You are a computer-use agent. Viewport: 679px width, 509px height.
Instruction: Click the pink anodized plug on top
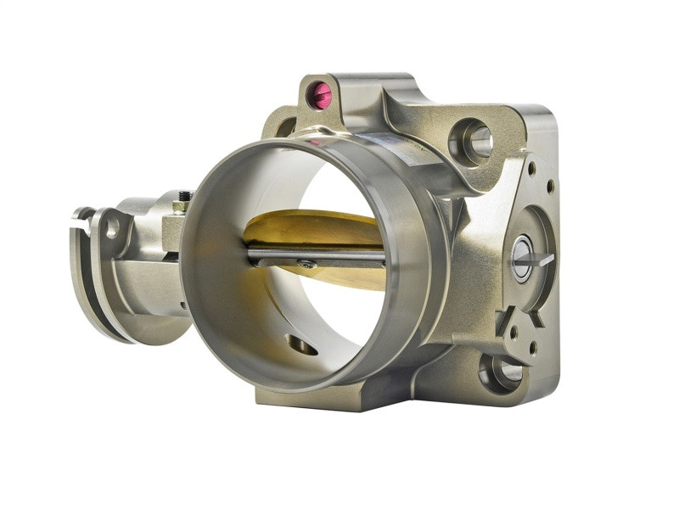[x=321, y=96]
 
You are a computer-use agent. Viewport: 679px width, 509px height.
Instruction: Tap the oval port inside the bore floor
[x=301, y=344]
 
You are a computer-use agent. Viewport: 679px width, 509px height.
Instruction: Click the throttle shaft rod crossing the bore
[x=314, y=255]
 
